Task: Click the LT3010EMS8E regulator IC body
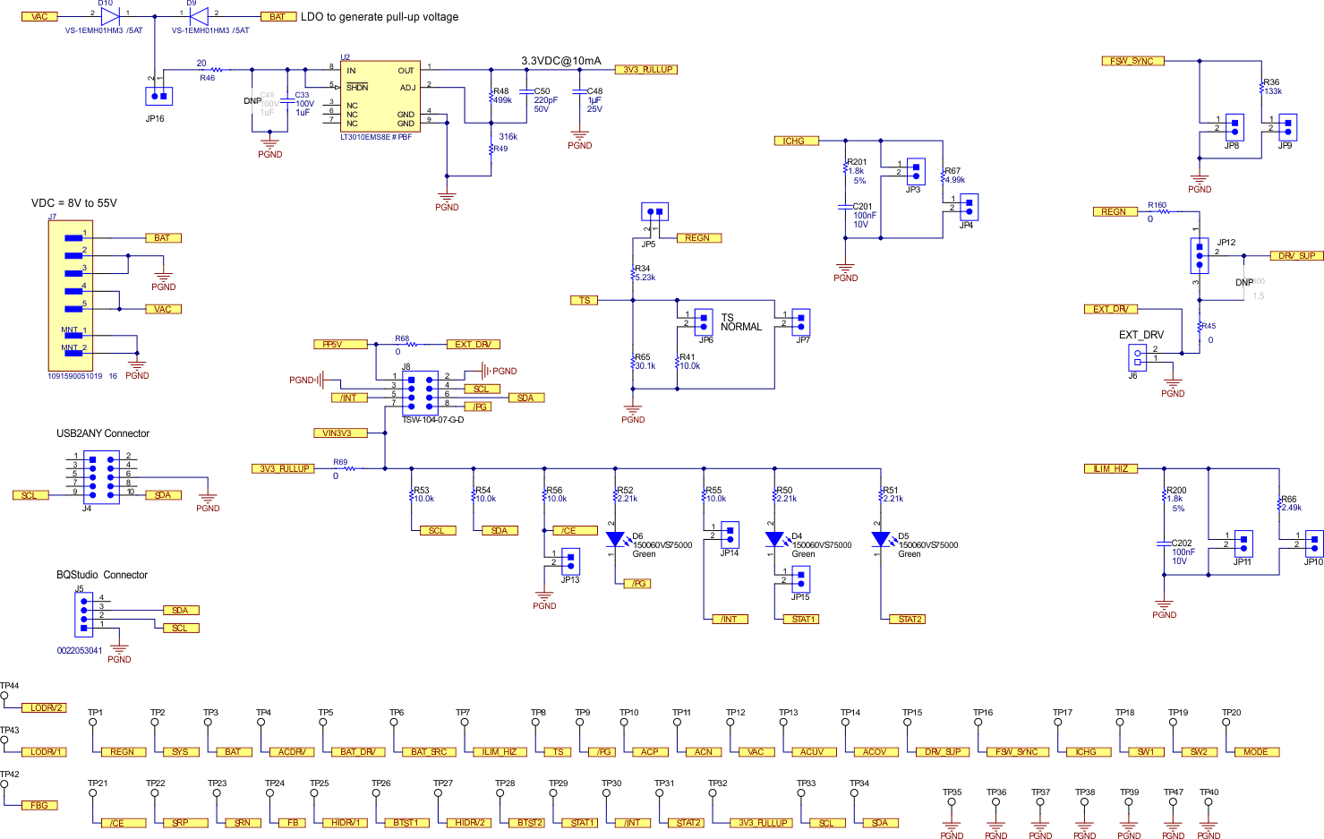tap(380, 97)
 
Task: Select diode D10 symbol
tap(110, 15)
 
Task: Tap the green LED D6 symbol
tap(615, 539)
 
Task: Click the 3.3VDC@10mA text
tap(561, 61)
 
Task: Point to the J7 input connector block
tap(70, 295)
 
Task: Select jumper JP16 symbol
tap(158, 96)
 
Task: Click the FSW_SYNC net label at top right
tap(1132, 61)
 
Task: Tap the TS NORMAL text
tap(740, 322)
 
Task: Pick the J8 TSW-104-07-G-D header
tap(420, 391)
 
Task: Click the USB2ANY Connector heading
tap(103, 433)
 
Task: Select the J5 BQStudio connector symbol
tap(84, 613)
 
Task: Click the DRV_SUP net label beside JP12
tap(1296, 256)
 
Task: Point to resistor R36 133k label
tap(1271, 87)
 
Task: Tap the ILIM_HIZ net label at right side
tap(1110, 469)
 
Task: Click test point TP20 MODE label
tap(1255, 752)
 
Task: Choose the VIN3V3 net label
tap(337, 433)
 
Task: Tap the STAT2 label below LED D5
tap(910, 620)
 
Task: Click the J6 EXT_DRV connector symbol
tap(1137, 357)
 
